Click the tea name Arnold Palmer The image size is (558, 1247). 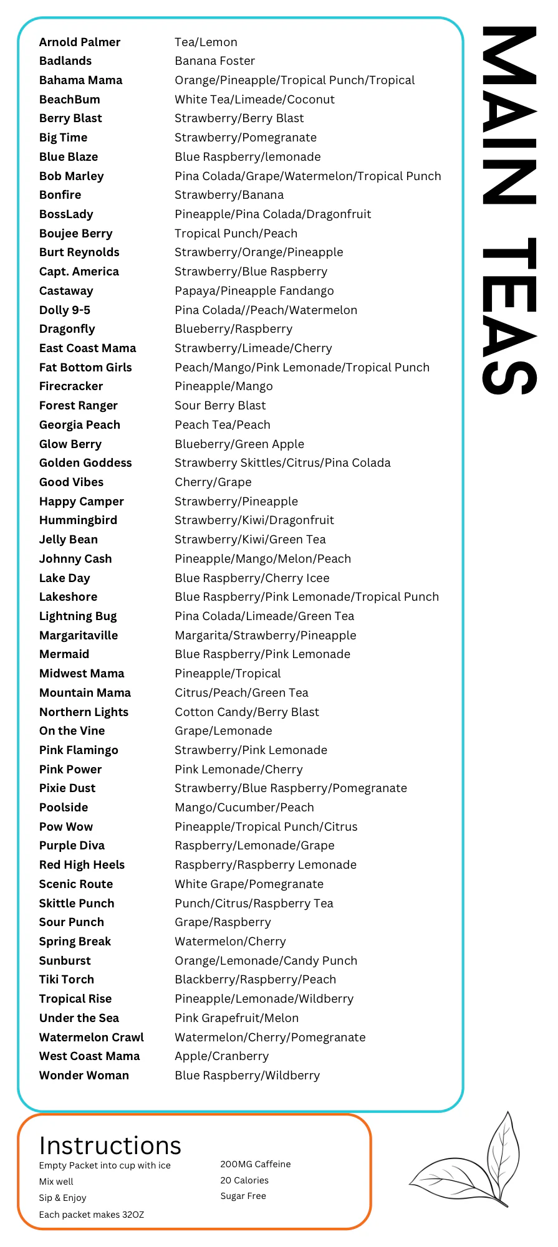79,42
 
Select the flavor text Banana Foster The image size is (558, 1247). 214,61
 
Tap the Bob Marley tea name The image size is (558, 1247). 71,176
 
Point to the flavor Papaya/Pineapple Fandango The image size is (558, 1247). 254,291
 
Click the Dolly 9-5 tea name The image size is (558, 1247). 64,310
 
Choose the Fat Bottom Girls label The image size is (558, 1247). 85,368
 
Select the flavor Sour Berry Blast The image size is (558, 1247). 220,406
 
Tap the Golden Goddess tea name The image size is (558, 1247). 85,463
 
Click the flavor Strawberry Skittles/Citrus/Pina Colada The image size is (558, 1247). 282,463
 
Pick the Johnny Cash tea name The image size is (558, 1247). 75,559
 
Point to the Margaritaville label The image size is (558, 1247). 79,636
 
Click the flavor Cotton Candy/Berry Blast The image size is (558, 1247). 247,712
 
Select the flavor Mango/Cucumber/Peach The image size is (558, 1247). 244,808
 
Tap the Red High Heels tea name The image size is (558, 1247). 82,865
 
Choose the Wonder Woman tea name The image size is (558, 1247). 84,1076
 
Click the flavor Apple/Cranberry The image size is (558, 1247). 221,1056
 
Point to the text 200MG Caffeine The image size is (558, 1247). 255,1164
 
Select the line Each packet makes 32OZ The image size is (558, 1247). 91,1215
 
